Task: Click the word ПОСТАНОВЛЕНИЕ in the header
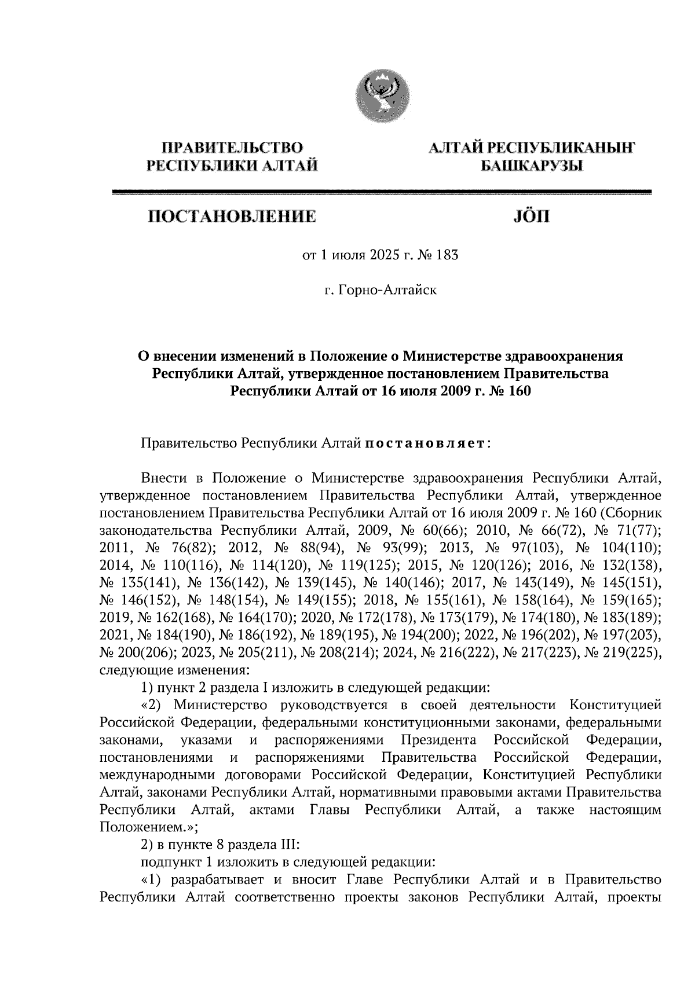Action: pos(232,218)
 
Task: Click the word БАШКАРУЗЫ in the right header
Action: pos(532,167)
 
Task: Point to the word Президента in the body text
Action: pos(438,740)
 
